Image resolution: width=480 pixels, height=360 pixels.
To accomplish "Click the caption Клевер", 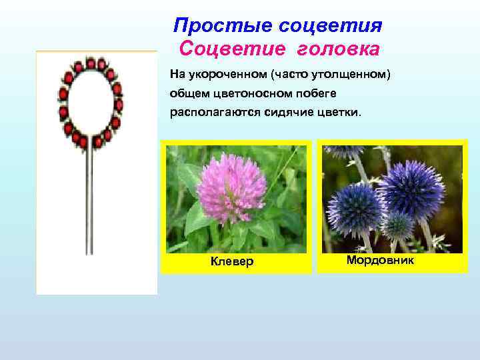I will [x=232, y=261].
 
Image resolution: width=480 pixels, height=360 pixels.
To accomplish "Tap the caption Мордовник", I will [x=380, y=260].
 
